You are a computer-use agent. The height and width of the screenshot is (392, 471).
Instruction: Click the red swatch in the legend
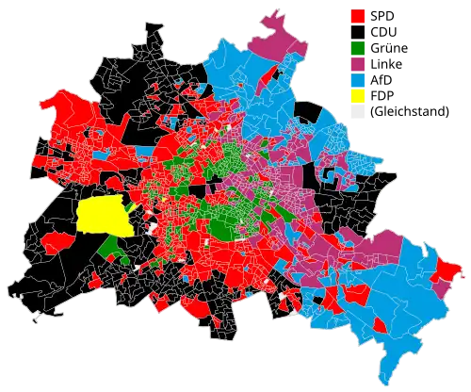(x=358, y=16)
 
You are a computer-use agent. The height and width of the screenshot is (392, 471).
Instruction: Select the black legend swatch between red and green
(x=358, y=32)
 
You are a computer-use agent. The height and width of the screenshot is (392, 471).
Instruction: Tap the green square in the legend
(x=358, y=47)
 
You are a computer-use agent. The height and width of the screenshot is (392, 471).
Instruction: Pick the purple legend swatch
(x=358, y=63)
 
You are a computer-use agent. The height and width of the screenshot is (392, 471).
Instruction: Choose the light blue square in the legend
(x=358, y=79)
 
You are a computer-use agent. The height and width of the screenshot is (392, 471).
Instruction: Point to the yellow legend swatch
(x=358, y=95)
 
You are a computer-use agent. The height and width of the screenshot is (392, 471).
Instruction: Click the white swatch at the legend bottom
(x=358, y=111)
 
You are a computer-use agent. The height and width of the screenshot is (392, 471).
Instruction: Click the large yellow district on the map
(x=104, y=216)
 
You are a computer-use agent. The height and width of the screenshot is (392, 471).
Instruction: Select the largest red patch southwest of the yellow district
(x=52, y=243)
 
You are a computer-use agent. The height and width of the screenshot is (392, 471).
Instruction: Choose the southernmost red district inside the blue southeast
(x=381, y=326)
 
